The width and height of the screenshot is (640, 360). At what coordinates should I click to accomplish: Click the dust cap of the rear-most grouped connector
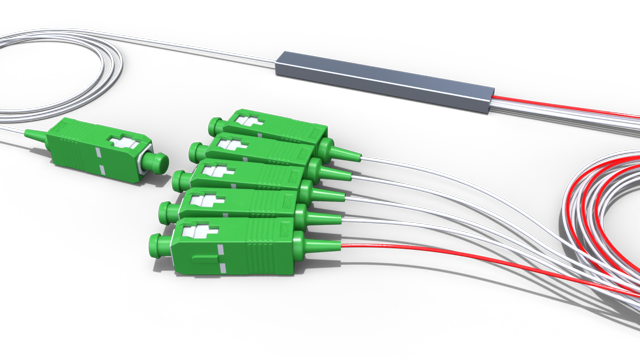(216, 126)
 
